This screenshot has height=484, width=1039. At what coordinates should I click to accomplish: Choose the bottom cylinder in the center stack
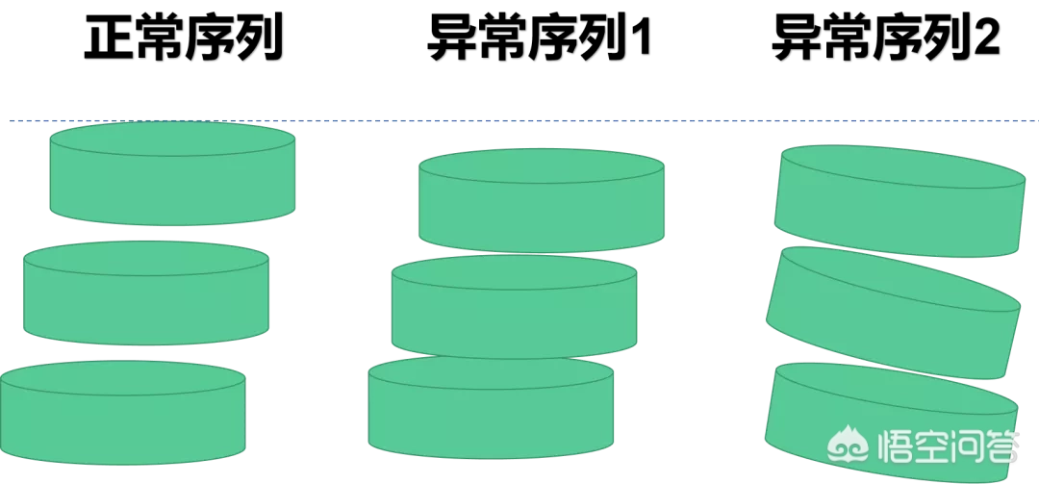491,416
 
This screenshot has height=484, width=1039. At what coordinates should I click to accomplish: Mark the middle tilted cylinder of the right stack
893,322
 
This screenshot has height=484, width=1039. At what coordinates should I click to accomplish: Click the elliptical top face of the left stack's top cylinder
172,139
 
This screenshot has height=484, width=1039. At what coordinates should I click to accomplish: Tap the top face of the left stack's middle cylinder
145,258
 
